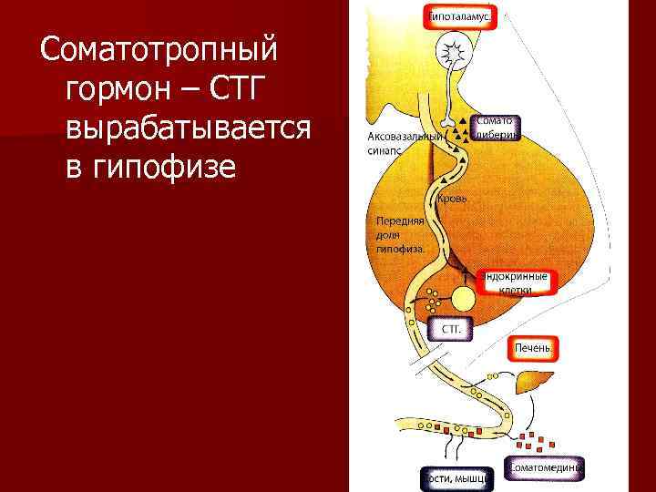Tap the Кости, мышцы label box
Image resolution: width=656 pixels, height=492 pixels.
[x=456, y=477]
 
